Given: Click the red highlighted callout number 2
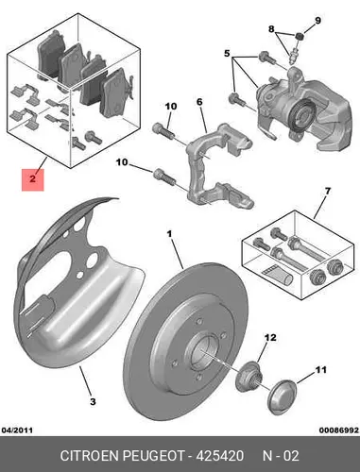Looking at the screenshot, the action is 32,179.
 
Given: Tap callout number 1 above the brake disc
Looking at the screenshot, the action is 169,234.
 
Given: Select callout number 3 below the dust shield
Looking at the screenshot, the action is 93,402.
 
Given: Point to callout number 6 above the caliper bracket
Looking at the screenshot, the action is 199,102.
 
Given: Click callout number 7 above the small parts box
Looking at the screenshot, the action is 328,191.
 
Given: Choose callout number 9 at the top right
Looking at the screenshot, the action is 317,21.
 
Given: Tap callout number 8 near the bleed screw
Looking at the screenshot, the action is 271,29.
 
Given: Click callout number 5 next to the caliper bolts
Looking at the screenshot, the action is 227,54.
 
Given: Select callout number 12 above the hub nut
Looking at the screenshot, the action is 270,338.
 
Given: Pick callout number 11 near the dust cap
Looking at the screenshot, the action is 320,369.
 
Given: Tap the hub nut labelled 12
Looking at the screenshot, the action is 248,377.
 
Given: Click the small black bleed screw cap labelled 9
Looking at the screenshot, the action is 300,36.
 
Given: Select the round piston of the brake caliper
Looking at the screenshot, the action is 301,116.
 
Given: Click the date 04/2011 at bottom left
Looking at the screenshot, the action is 17,430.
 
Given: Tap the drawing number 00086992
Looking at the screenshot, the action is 339,430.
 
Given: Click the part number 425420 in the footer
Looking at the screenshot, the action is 220,456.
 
